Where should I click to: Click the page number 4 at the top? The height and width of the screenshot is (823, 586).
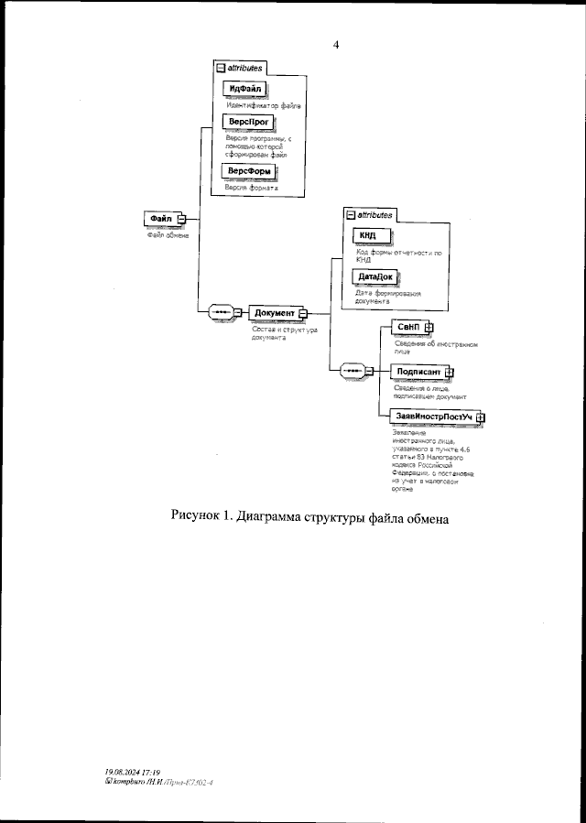[x=336, y=44]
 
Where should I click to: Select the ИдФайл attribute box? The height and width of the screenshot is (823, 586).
[x=244, y=89]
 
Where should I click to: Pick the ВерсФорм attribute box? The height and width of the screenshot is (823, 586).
[x=250, y=171]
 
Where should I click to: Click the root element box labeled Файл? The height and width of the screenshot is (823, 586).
[x=161, y=218]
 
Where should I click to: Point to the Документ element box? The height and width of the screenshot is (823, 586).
[x=274, y=312]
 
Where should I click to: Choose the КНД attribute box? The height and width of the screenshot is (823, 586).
[x=368, y=235]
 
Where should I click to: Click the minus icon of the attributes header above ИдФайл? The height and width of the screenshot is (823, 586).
[x=219, y=69]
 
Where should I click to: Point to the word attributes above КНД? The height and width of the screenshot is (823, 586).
[x=375, y=215]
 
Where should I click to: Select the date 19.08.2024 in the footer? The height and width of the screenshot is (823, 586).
[x=119, y=772]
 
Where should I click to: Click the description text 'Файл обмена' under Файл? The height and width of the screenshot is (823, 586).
[x=168, y=235]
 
